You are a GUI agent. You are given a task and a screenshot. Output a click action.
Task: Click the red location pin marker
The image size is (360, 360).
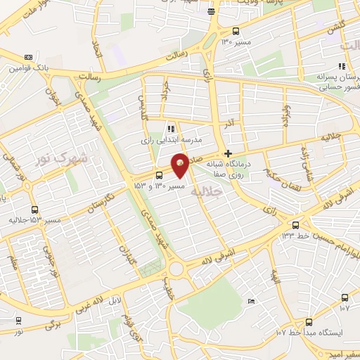coord(181,167)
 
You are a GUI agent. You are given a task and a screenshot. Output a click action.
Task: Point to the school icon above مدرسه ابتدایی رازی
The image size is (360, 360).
coord(171,128)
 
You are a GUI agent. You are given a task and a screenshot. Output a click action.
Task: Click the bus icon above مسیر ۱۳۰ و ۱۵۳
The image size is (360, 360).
coord(160,174)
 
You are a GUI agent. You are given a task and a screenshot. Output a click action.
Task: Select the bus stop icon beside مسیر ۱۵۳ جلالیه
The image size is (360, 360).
coord(35,209)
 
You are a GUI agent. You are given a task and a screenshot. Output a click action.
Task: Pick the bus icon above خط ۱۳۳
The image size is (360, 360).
coord(295,226)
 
